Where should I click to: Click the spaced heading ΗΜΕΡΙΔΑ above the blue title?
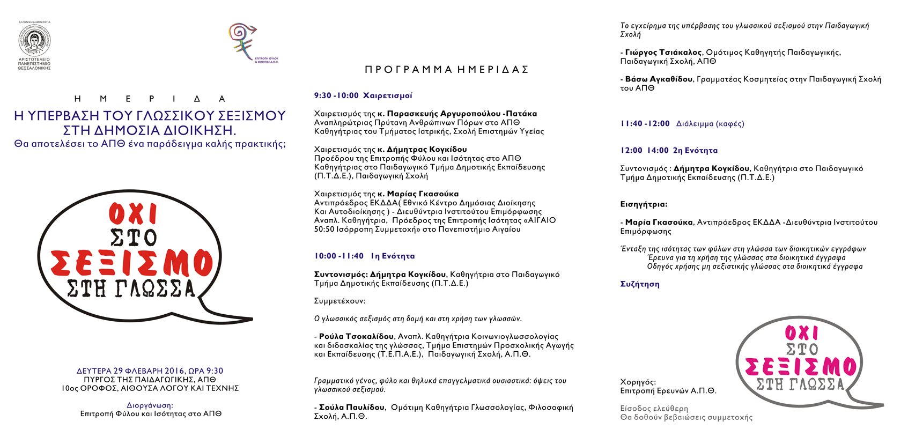(150, 99)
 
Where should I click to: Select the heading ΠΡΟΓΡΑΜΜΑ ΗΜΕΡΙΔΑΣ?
(447, 70)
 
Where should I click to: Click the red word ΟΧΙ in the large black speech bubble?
(133, 214)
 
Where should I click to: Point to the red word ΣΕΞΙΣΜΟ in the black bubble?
(132, 263)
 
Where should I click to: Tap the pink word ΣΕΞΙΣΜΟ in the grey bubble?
(800, 367)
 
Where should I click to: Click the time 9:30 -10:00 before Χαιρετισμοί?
(336, 95)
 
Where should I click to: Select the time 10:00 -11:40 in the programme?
(338, 256)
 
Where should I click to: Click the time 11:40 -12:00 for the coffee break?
(645, 124)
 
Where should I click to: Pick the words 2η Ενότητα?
(695, 151)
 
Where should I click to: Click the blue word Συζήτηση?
(640, 284)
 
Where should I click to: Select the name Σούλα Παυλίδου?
(352, 408)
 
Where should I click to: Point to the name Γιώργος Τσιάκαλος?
(663, 53)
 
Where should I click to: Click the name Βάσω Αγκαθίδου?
(659, 79)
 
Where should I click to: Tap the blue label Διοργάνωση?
(150, 405)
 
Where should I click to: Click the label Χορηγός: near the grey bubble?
(638, 382)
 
